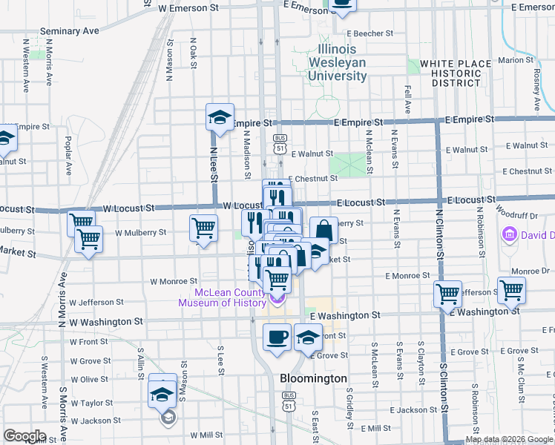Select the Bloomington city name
[x=313, y=378]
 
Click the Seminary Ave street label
[x=70, y=31]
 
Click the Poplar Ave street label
[x=68, y=155]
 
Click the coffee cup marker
[x=277, y=337]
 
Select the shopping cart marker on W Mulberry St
[x=203, y=228]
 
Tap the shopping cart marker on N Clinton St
[x=447, y=294]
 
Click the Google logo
[x=24, y=436]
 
